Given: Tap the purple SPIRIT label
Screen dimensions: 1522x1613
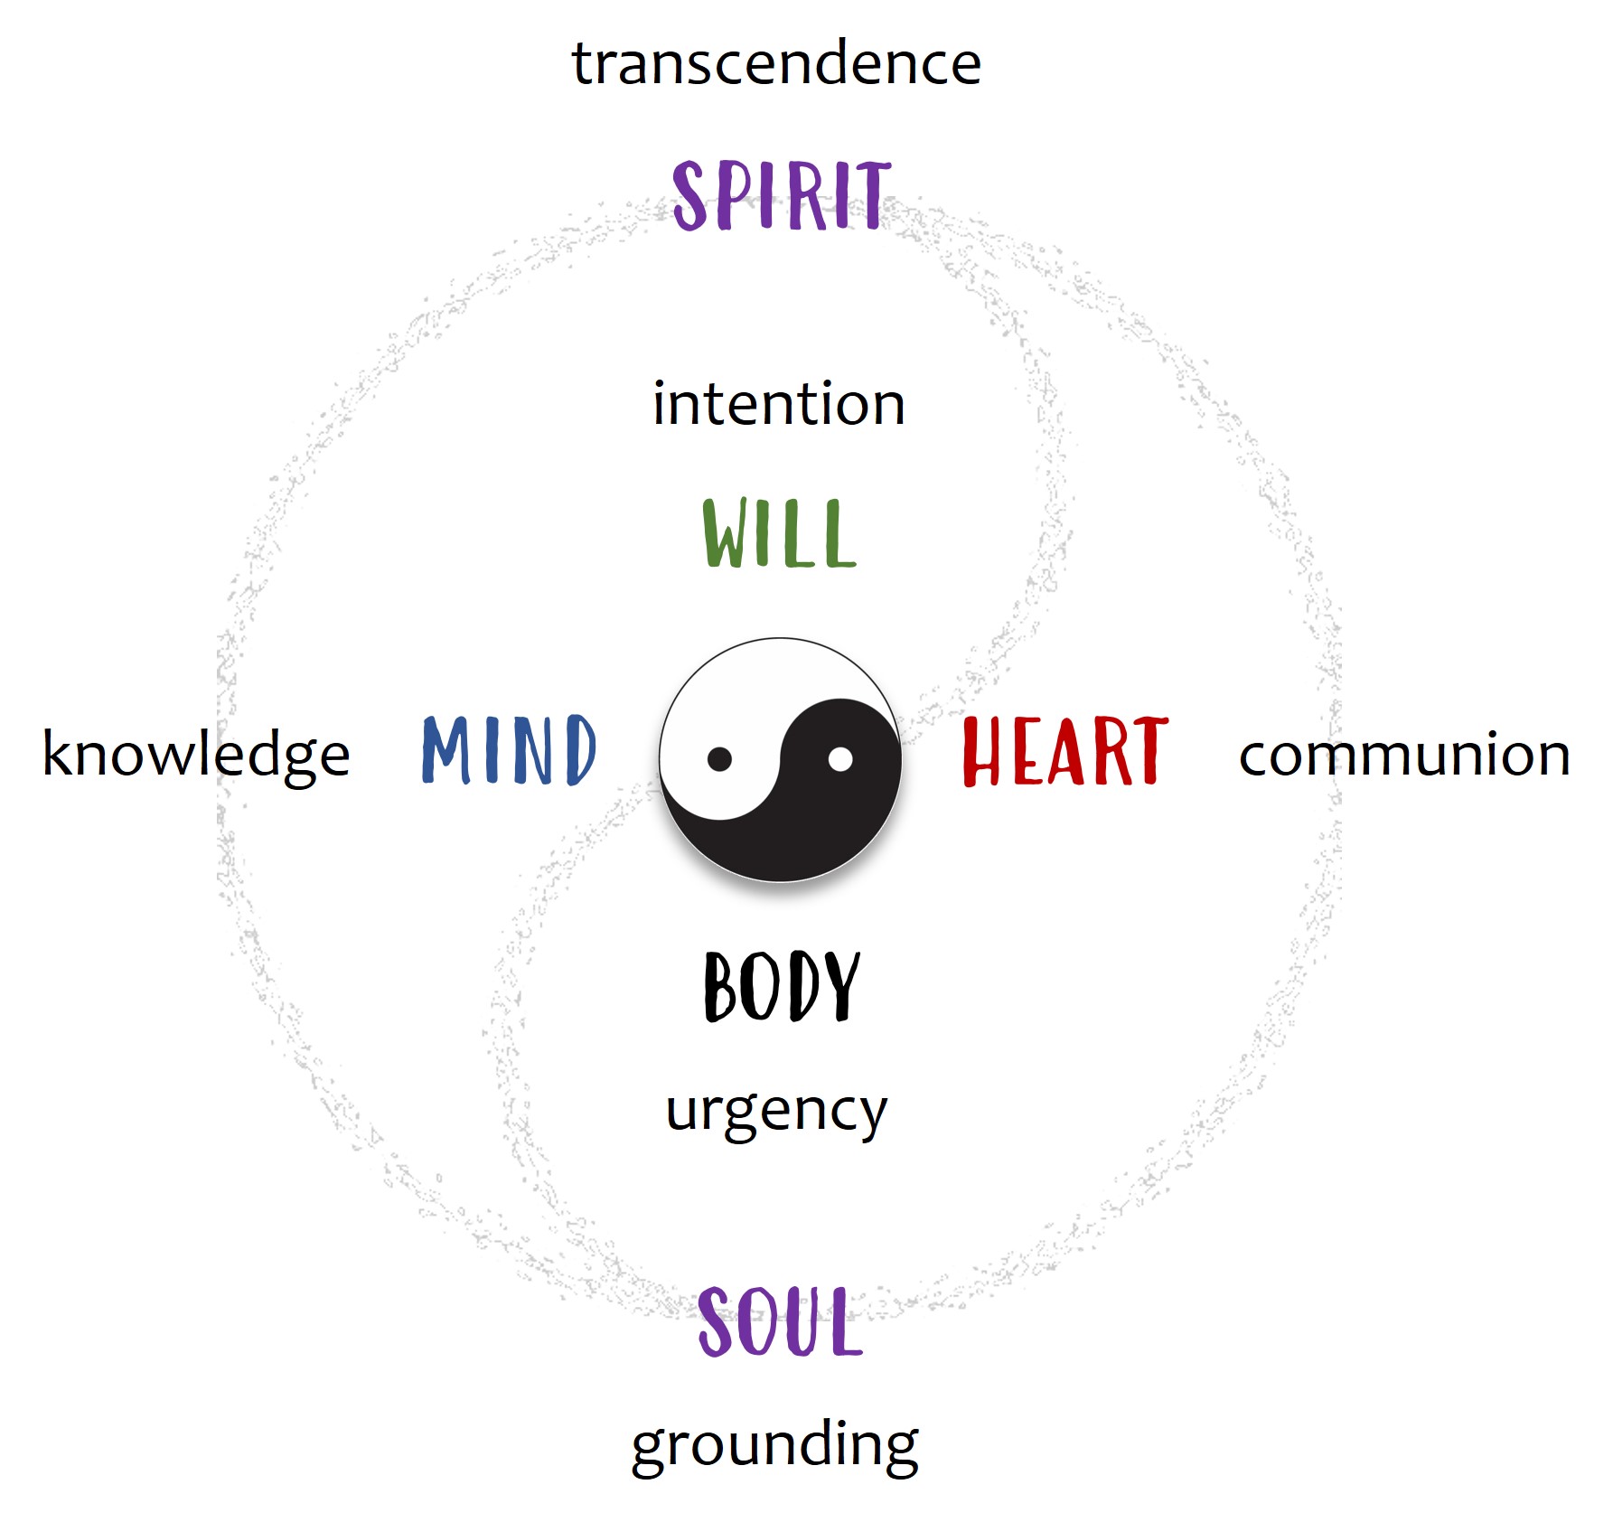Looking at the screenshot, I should [782, 195].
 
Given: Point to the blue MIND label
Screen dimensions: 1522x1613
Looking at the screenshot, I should [509, 749].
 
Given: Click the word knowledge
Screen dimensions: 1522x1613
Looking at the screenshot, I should [196, 755].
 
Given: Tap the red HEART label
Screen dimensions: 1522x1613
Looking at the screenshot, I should [1064, 751].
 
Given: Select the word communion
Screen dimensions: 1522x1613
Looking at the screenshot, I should [1404, 755].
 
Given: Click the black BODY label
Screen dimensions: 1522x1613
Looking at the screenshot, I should [782, 987].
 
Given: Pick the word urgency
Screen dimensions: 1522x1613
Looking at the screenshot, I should [776, 1112].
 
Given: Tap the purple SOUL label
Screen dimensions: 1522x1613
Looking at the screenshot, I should [780, 1322].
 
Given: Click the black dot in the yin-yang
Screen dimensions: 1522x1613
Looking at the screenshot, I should [719, 759].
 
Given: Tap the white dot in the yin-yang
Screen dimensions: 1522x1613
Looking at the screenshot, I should [840, 759].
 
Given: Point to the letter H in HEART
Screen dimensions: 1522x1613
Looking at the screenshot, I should [984, 751].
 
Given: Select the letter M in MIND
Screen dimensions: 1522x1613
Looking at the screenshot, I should [448, 749].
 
